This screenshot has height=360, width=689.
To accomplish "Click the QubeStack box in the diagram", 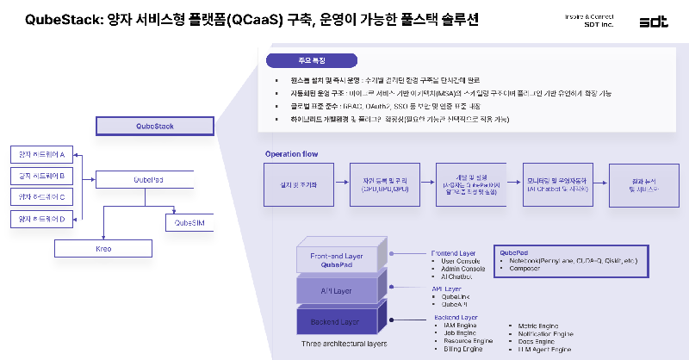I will (155, 127).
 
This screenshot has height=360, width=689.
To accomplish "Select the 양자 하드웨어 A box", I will (42, 155).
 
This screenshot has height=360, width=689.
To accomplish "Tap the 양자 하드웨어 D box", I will (42, 220).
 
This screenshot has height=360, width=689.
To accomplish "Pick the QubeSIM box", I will (189, 223).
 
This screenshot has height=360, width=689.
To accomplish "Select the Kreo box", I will (103, 248).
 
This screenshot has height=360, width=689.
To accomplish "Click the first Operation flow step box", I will (299, 183).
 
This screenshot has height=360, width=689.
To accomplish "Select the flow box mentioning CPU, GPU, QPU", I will (384, 183).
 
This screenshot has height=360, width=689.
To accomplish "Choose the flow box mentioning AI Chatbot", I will (556, 183).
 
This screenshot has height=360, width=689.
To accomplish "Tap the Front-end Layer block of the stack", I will (338, 258).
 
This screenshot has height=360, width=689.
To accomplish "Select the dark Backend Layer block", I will (338, 320).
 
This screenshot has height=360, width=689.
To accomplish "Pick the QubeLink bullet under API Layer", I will (456, 296).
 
